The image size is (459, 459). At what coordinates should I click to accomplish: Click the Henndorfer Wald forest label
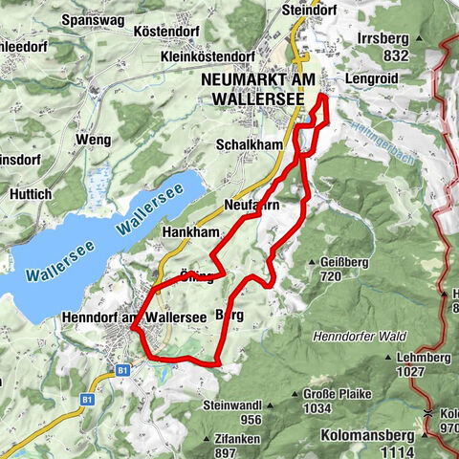point(367,336)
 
